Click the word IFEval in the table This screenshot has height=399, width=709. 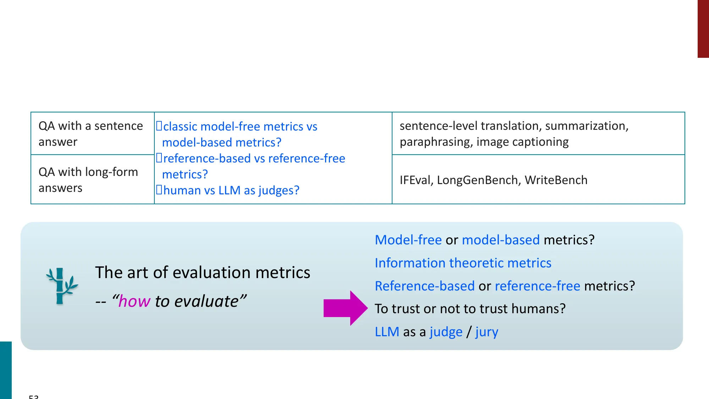(x=414, y=180)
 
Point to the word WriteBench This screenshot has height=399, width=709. (x=556, y=180)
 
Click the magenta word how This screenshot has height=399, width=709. (x=134, y=301)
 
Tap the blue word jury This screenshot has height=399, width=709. (x=487, y=332)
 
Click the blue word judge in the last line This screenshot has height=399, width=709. (x=446, y=332)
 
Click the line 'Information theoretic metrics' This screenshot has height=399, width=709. (x=463, y=263)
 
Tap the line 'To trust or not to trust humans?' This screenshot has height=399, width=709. (x=470, y=309)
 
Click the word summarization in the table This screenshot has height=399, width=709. (x=586, y=126)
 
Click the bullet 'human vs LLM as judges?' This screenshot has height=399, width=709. (x=231, y=190)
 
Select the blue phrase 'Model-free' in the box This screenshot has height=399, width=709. (x=408, y=240)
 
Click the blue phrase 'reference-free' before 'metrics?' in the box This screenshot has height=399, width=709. (x=537, y=286)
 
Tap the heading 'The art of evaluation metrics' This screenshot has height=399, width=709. (x=202, y=272)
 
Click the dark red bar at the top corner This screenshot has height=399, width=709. (x=703, y=28)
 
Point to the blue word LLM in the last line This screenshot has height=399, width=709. (x=387, y=332)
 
